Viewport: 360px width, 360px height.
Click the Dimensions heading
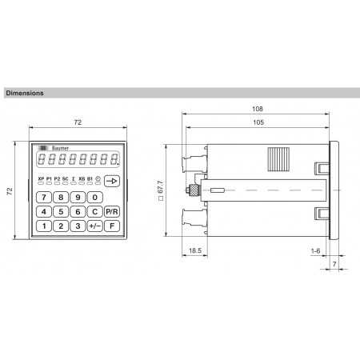click(x=25, y=93)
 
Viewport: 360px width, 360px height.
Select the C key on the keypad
click(x=94, y=212)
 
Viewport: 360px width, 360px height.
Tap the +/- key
click(x=94, y=226)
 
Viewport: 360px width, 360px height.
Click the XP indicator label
click(x=41, y=179)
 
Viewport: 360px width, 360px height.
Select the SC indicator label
click(x=66, y=179)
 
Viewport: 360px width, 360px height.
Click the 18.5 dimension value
click(x=194, y=251)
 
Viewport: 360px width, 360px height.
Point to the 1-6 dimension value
click(x=317, y=251)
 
